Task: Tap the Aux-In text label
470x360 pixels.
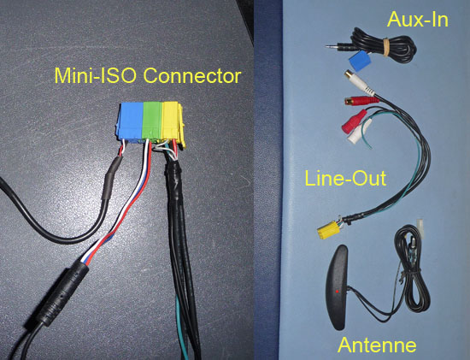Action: tap(418, 20)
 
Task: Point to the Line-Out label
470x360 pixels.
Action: tap(345, 178)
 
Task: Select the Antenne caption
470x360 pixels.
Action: tap(377, 345)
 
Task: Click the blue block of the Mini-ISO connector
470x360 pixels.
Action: tap(132, 121)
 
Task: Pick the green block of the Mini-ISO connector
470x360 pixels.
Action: tap(152, 121)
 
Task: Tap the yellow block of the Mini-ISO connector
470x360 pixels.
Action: tap(173, 122)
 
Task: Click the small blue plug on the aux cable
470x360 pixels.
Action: tap(360, 61)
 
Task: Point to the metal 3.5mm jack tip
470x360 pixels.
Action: tap(332, 46)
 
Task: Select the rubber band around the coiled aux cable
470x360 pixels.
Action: tap(385, 46)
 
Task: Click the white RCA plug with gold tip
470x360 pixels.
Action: tap(360, 81)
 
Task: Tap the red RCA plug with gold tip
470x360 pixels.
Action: tap(361, 101)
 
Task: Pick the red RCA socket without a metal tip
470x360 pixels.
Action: tap(355, 121)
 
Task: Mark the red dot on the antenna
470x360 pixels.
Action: tap(338, 292)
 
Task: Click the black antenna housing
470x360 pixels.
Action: tap(338, 287)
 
